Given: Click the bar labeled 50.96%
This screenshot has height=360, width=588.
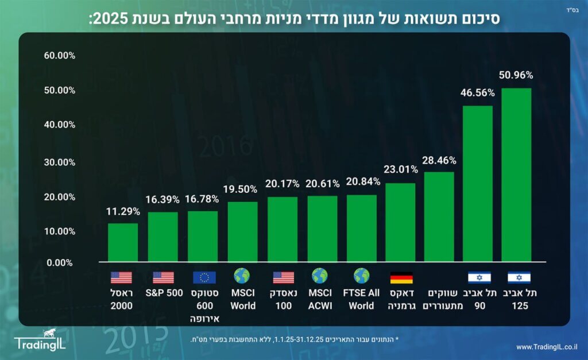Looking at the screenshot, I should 516,175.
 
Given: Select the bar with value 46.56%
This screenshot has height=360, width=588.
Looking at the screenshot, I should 477,183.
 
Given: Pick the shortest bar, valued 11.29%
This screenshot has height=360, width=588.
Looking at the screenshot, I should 123,242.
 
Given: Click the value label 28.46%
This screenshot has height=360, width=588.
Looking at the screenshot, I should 439,160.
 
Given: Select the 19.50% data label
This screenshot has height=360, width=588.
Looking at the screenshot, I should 242,189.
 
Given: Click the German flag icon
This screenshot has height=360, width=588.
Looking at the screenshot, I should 401,278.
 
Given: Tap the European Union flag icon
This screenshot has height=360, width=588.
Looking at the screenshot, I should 204,278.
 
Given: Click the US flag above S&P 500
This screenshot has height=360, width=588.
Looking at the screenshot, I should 163,278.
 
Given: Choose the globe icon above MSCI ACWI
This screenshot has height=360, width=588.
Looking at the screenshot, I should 319,276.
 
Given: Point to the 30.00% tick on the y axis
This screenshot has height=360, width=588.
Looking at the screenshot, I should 59,162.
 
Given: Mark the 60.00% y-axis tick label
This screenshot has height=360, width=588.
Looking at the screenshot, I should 59,56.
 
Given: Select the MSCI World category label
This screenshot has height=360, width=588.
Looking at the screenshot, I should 242,299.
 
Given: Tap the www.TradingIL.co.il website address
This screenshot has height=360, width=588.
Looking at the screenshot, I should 547,347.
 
